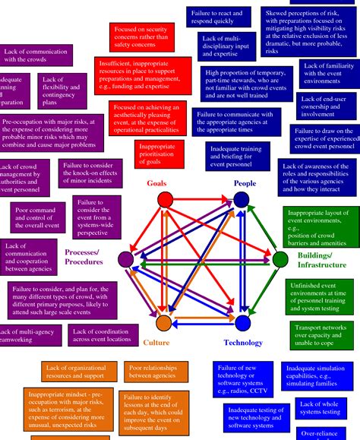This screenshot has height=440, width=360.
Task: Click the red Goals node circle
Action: pyautogui.click(x=161, y=200)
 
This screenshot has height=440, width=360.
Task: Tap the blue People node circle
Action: pyautogui.click(x=242, y=200)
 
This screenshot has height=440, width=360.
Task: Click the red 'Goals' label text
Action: pyautogui.click(x=156, y=183)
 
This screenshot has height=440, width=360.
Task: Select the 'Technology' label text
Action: pyautogui.click(x=244, y=343)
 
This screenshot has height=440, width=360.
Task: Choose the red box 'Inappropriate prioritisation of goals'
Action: pyautogui.click(x=160, y=154)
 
